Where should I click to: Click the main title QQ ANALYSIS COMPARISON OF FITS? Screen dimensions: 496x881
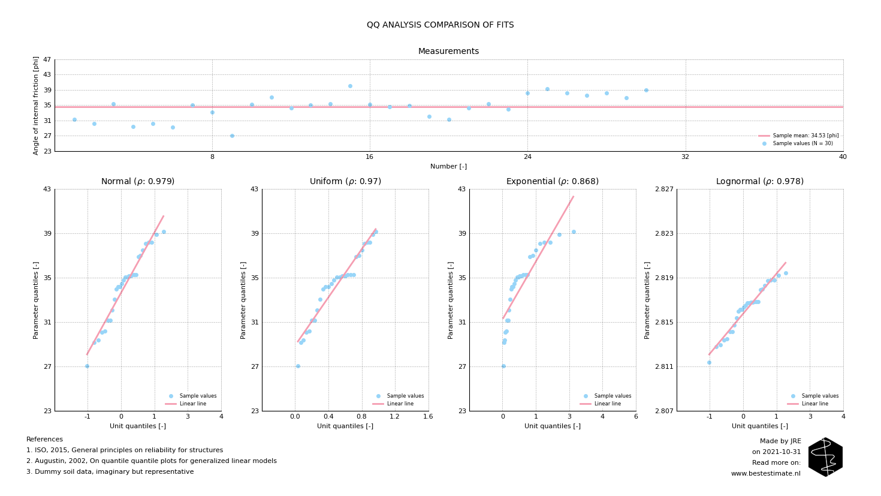[440, 25]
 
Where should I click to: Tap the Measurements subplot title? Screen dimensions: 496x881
[448, 52]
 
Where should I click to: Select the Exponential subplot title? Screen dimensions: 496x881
[552, 182]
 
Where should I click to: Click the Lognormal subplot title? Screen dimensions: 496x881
[759, 182]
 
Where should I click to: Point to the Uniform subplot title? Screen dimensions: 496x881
[345, 182]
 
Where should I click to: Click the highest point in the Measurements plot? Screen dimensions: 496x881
[350, 86]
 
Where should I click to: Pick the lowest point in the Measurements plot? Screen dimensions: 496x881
[232, 136]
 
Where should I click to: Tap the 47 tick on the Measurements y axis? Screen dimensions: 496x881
[47, 60]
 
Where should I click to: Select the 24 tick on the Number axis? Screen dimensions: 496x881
[527, 157]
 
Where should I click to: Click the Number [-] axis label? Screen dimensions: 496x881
[448, 167]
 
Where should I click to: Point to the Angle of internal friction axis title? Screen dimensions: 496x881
[36, 106]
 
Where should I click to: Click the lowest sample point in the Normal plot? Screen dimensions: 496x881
[87, 366]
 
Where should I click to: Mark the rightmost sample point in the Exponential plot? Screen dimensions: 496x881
[574, 232]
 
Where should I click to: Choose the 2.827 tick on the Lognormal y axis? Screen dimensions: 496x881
[664, 190]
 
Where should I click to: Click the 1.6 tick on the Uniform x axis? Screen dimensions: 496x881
[428, 417]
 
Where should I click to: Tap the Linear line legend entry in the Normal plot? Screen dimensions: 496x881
[192, 404]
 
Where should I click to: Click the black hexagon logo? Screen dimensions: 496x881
[825, 457]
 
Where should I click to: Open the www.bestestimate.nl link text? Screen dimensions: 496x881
[765, 474]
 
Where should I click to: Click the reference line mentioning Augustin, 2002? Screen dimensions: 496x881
[152, 461]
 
